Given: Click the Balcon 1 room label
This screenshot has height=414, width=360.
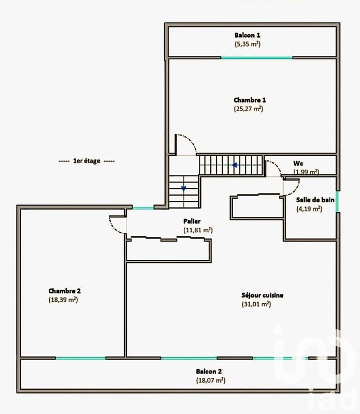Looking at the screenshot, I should (x=247, y=35).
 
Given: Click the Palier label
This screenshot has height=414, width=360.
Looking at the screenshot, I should (x=191, y=220).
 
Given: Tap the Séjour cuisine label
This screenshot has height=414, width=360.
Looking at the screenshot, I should (x=262, y=295).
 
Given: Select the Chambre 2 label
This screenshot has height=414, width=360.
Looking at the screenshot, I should (x=65, y=290).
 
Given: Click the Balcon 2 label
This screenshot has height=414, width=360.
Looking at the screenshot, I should (x=209, y=371).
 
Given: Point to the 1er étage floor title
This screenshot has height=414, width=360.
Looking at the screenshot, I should (x=87, y=161).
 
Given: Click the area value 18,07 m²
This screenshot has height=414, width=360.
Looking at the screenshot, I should (x=210, y=380).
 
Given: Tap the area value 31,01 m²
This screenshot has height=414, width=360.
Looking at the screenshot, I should (x=256, y=305).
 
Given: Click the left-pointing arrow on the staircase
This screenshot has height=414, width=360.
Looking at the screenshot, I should (x=235, y=166).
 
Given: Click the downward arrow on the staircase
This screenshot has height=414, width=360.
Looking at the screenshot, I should (x=183, y=189).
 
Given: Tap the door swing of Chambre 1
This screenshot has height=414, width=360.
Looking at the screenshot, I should (x=185, y=143).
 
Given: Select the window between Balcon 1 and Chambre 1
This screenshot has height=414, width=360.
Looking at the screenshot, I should (x=257, y=57).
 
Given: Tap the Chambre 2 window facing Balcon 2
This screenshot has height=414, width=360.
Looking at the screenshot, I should (x=80, y=358).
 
